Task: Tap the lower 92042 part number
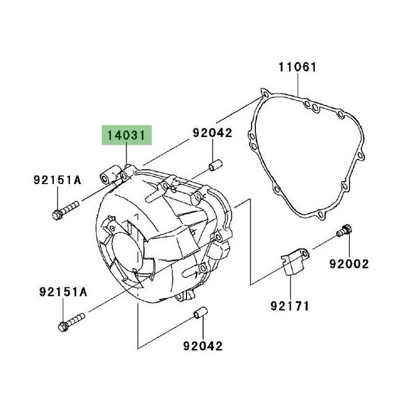coord(202,346)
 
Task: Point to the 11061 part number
coord(297,67)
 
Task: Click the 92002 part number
coord(349,264)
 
